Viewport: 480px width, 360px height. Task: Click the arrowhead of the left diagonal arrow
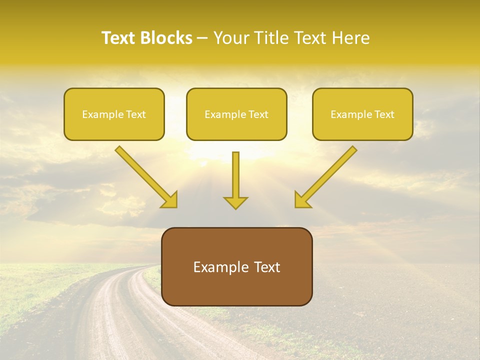point(170,200)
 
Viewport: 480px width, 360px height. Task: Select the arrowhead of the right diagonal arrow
point(302,200)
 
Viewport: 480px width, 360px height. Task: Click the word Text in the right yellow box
point(384,114)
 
